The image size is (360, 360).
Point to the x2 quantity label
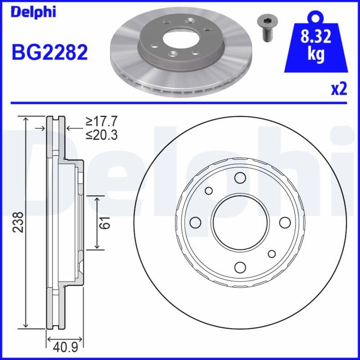(x=339, y=89)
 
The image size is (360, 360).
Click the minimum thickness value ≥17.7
(x=102, y=121)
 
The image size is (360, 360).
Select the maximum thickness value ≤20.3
(x=102, y=134)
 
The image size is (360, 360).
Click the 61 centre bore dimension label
(x=104, y=222)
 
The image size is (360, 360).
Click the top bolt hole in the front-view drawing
(x=240, y=178)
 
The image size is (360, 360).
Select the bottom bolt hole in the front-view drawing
(x=240, y=267)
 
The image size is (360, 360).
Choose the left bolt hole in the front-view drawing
(x=195, y=222)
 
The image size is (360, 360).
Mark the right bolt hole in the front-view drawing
(x=285, y=222)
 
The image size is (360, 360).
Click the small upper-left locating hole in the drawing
(x=209, y=191)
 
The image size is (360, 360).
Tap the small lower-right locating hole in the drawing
(x=272, y=254)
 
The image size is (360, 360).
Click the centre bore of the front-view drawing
(x=240, y=222)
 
